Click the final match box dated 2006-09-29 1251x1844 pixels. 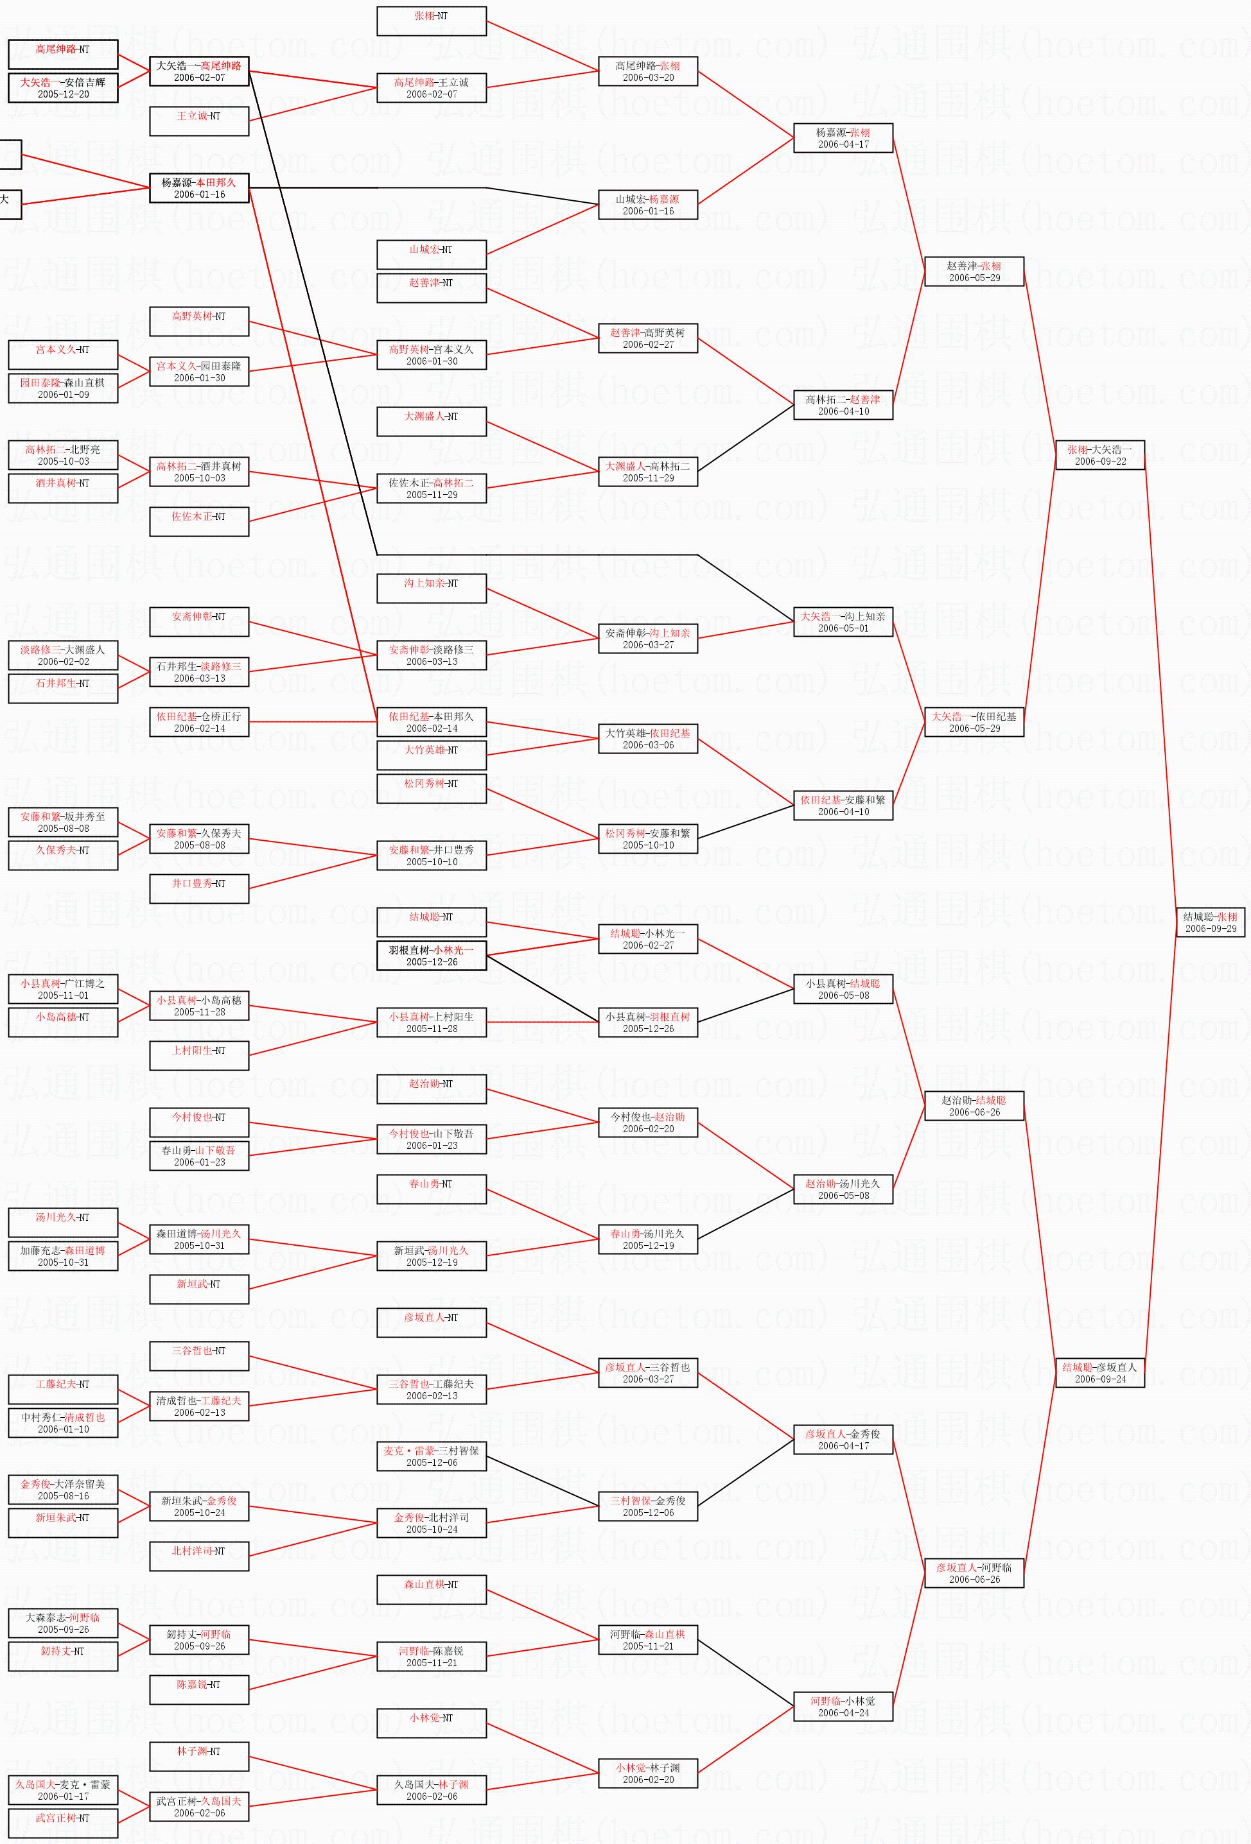tap(1211, 922)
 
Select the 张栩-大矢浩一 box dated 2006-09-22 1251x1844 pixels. tap(1099, 454)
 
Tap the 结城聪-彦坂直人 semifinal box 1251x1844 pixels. tap(1099, 1373)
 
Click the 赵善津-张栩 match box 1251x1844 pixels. tap(974, 271)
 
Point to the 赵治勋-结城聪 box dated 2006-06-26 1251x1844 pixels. tap(974, 1106)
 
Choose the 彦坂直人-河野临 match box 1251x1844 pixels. tap(974, 1573)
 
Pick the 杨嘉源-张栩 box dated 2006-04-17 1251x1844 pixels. tap(843, 138)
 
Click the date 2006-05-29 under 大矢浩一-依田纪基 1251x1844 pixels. tap(974, 728)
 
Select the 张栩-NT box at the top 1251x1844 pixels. tap(431, 21)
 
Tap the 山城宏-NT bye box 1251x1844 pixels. tap(431, 255)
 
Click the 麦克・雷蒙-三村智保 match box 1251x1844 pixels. tap(431, 1456)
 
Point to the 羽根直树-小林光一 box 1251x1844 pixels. tap(431, 955)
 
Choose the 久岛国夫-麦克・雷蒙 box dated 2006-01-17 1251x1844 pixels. tap(63, 1790)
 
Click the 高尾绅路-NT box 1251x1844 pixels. tap(63, 55)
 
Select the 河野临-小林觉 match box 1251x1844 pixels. tap(843, 1707)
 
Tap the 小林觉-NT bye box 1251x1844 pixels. tap(431, 1723)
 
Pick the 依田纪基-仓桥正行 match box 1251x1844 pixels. tap(198, 722)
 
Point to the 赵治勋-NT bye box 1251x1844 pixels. tap(431, 1089)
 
